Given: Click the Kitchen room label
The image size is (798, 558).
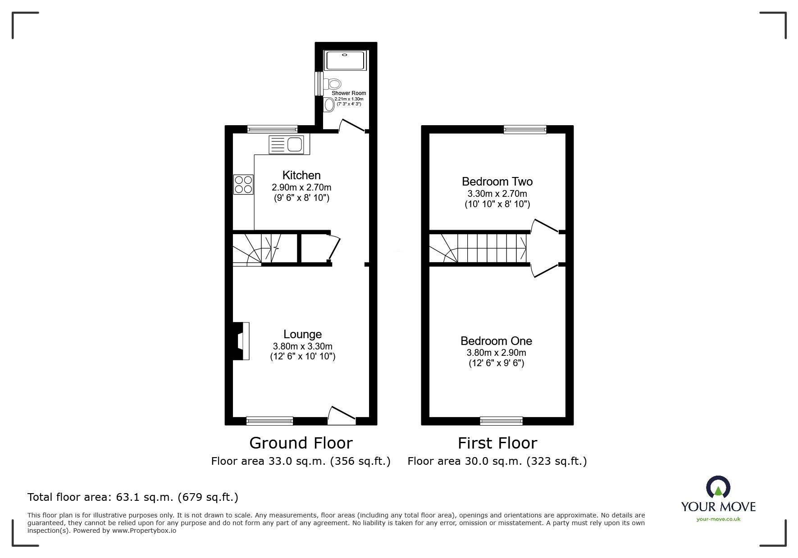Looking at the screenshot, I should [301, 175].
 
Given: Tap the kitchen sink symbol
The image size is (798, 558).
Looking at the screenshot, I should [287, 145].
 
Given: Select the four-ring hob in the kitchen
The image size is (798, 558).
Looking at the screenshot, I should [243, 184].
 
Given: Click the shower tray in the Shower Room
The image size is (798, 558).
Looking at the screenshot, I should [346, 60].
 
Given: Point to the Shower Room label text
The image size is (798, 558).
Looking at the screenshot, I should [349, 93].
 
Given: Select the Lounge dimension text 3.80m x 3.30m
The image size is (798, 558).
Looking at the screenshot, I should [302, 346].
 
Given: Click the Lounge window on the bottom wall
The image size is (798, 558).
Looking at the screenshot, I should [269, 421].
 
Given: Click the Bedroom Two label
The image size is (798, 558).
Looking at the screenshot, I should [497, 181].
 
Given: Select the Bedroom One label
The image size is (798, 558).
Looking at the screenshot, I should [496, 341].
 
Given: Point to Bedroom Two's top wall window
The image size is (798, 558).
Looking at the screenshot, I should [525, 130].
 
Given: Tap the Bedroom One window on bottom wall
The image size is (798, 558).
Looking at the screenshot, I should [501, 421].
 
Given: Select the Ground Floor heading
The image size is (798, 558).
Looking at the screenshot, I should [301, 443].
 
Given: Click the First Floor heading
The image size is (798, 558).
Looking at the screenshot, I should [497, 443].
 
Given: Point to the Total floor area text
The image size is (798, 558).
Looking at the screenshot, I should [133, 497].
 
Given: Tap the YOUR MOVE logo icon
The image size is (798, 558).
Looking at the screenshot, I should [718, 487].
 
